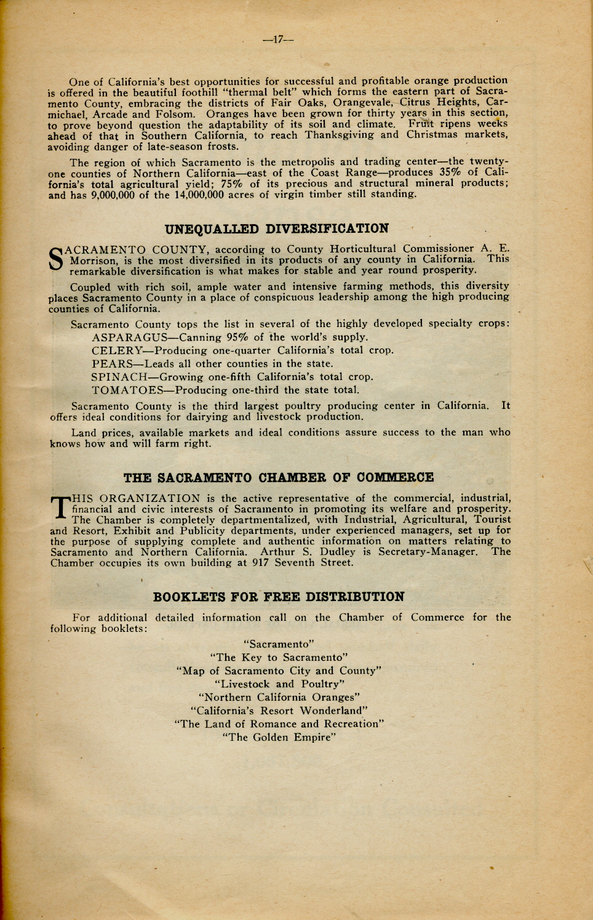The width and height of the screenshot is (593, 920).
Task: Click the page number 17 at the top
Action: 277,40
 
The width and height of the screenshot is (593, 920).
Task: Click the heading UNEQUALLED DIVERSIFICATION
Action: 277,229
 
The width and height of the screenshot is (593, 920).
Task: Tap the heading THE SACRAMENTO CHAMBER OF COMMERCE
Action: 278,478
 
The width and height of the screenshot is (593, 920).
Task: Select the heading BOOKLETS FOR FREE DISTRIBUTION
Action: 279,597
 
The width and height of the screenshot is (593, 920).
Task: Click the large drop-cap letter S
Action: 56,259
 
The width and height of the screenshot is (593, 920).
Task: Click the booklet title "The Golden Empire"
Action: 279,738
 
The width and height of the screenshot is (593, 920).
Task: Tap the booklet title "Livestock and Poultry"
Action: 279,684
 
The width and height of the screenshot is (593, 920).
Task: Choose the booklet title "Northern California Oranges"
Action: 279,698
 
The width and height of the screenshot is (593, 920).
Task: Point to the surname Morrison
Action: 93,260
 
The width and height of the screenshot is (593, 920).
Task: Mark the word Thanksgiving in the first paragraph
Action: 339,135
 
